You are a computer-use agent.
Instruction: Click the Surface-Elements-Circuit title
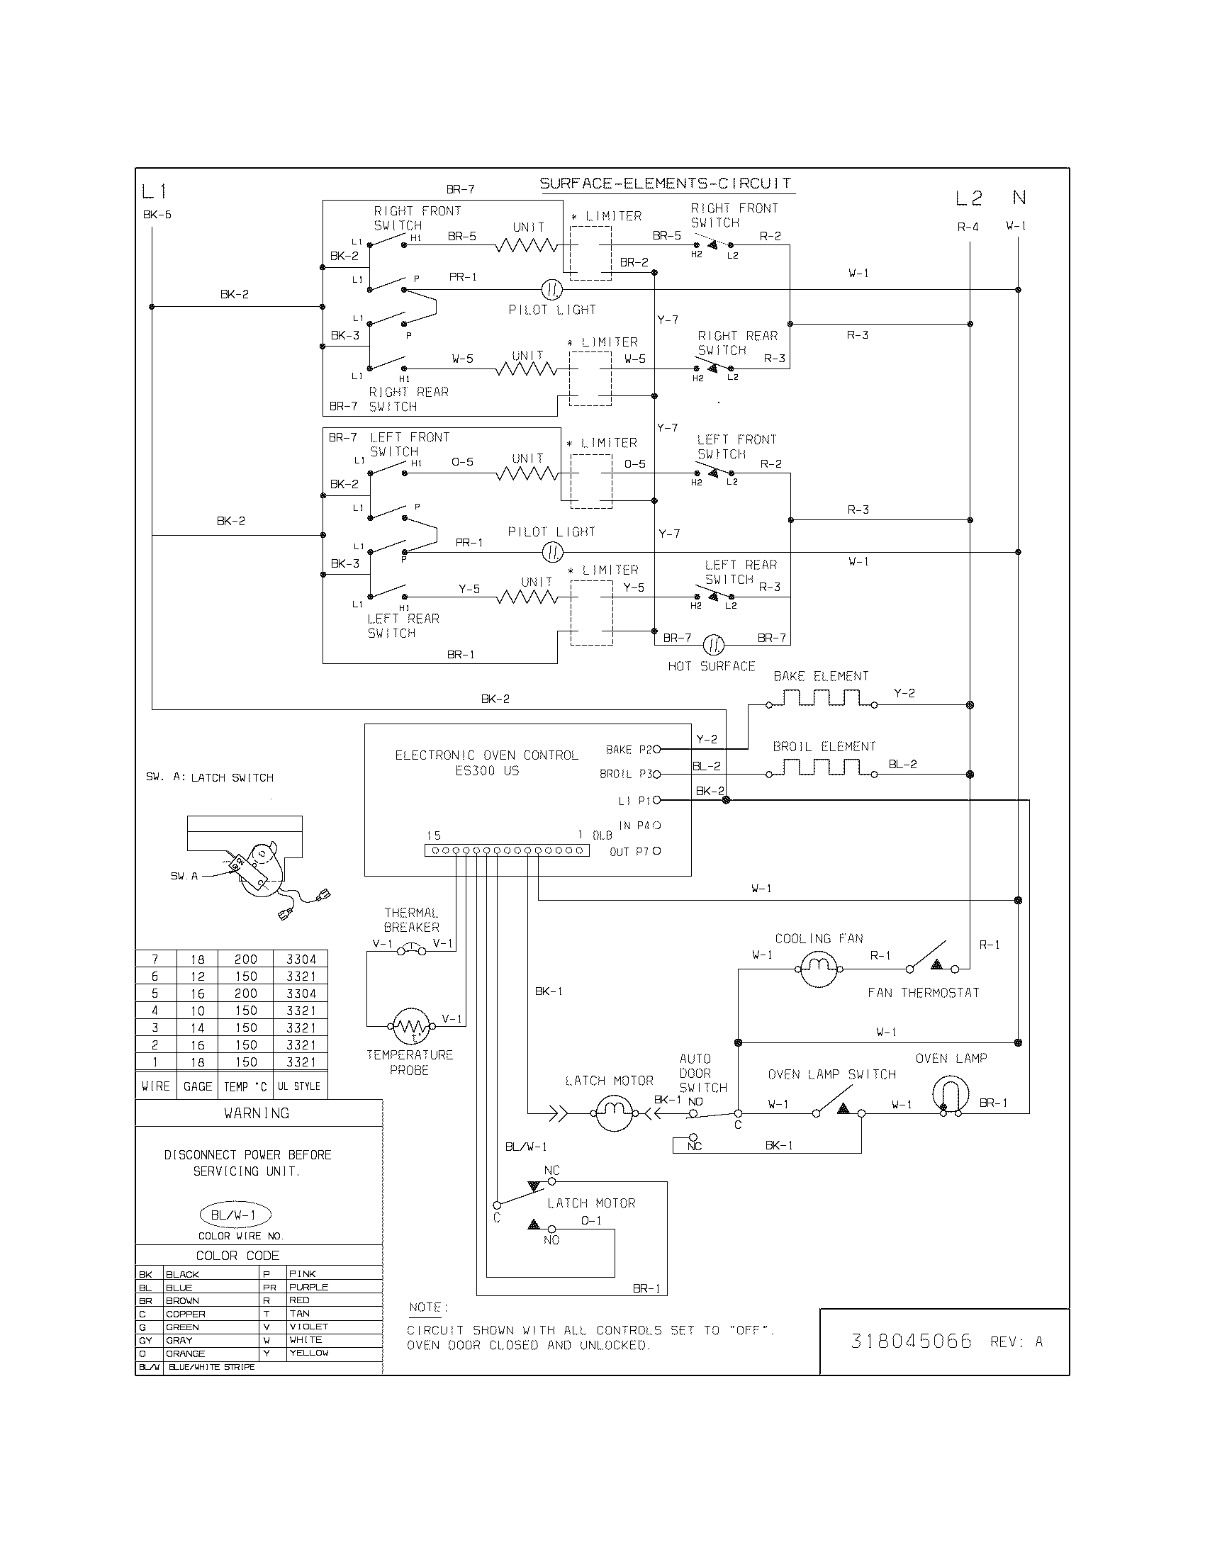click(666, 184)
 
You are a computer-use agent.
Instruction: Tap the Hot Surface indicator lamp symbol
click(713, 646)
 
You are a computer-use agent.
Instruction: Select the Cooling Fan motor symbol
click(818, 969)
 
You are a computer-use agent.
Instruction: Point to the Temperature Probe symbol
click(413, 1027)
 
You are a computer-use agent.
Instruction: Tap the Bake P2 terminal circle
click(657, 750)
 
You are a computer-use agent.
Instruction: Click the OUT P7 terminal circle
click(657, 851)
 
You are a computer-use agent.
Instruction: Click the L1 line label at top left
click(155, 191)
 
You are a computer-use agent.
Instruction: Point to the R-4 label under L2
click(968, 227)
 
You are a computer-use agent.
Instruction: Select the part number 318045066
click(911, 1341)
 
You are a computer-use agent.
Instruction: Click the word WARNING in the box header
click(257, 1113)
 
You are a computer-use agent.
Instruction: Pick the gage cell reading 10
click(197, 1011)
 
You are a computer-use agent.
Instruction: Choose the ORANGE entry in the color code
click(186, 1353)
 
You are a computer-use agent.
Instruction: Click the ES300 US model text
click(487, 771)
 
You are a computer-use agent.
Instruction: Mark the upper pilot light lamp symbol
click(551, 290)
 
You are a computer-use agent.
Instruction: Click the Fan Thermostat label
click(923, 993)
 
